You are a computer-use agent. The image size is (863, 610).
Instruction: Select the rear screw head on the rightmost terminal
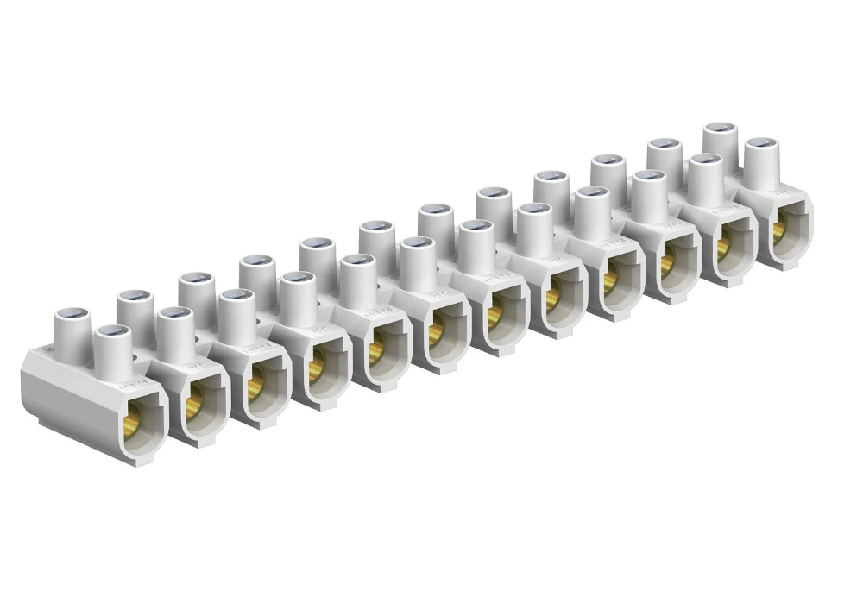(x=720, y=129)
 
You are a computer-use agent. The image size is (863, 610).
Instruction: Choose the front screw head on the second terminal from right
(x=706, y=160)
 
